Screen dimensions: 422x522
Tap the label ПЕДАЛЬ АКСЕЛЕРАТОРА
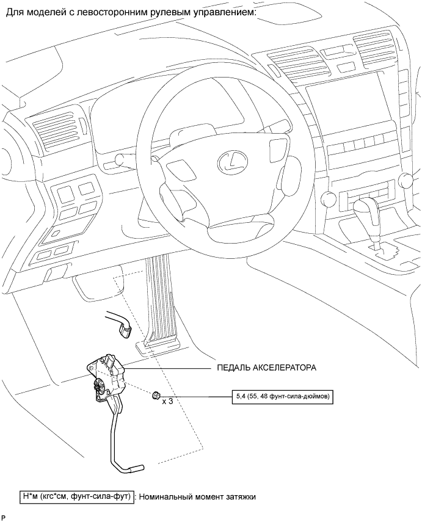click(266, 368)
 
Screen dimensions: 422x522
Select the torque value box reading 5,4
click(282, 396)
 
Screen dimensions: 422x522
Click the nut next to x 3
click(155, 396)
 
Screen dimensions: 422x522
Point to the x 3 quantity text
click(167, 402)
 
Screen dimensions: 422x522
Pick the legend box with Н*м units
click(76, 497)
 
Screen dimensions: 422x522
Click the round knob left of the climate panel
click(328, 198)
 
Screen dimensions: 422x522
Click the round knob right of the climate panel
click(405, 179)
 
